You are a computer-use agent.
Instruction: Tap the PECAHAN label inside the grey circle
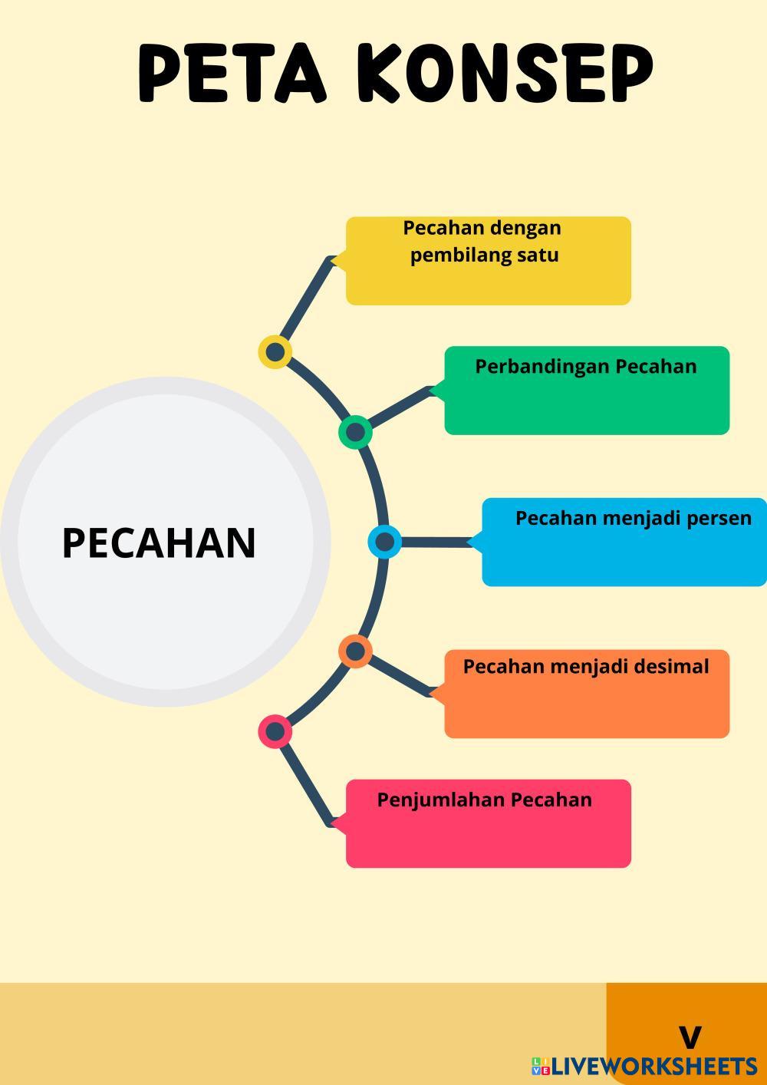(x=159, y=542)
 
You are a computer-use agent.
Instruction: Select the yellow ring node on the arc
(x=275, y=352)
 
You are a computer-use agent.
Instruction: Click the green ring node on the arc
(x=355, y=432)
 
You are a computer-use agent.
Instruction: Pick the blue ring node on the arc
(x=385, y=542)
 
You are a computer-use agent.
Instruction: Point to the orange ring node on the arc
(x=355, y=651)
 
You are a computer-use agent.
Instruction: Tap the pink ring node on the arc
(x=275, y=731)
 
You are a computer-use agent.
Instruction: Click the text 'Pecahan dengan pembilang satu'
(x=483, y=241)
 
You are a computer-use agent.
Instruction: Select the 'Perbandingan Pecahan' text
(x=586, y=366)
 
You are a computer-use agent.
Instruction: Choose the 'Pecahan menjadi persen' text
(x=634, y=518)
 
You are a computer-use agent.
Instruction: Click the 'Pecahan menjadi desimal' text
(x=586, y=666)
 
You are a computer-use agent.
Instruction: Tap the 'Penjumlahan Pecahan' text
(x=485, y=800)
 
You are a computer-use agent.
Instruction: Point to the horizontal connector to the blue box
(x=433, y=542)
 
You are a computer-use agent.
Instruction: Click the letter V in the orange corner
(x=690, y=1037)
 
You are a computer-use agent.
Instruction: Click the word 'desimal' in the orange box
(x=675, y=666)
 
